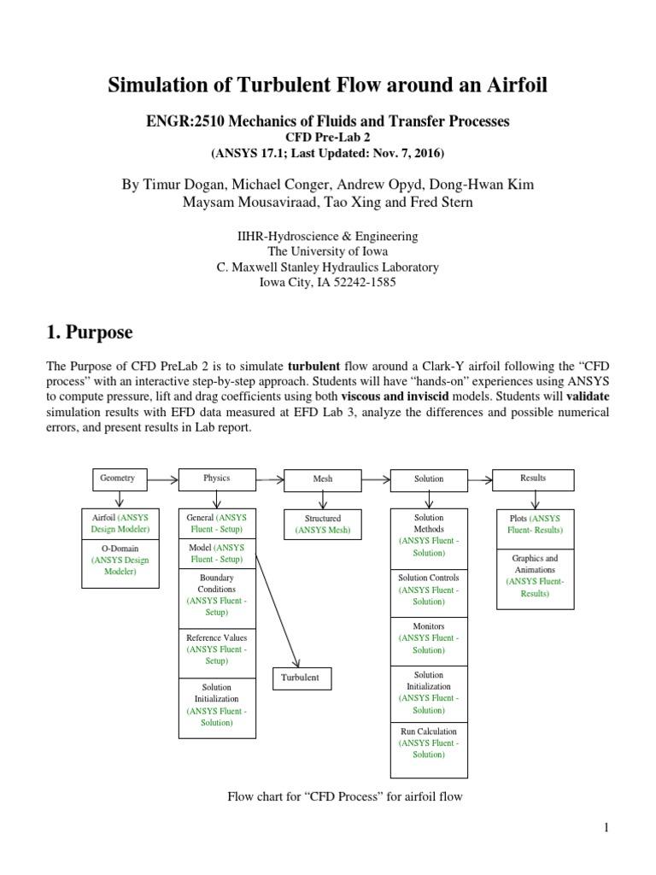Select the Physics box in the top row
click(x=216, y=479)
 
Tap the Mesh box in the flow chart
click(x=322, y=479)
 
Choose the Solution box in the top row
click(x=429, y=479)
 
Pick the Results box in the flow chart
click(x=533, y=479)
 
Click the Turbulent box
click(x=301, y=678)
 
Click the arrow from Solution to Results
click(x=479, y=479)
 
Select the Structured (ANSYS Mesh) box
click(x=322, y=525)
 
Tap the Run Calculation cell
click(x=429, y=743)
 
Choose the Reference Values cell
click(x=216, y=649)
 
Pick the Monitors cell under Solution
click(x=429, y=638)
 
